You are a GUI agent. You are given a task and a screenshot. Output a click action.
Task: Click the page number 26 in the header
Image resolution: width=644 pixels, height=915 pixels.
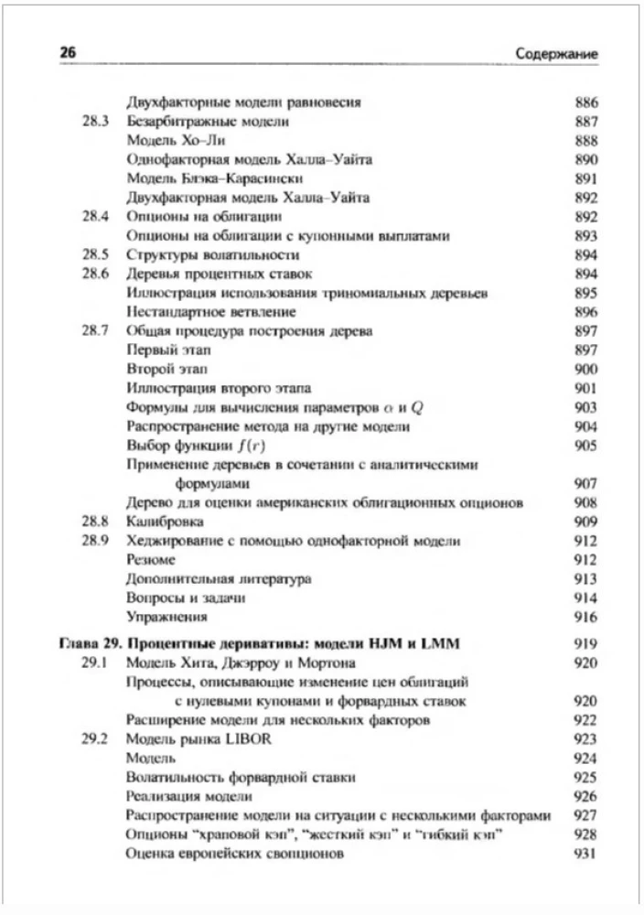pyautogui.click(x=67, y=53)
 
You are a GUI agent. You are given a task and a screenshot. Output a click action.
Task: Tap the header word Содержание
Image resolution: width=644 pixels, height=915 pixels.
pyautogui.click(x=556, y=54)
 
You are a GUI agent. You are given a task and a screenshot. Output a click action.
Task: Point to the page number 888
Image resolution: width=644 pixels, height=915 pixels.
pyautogui.click(x=585, y=141)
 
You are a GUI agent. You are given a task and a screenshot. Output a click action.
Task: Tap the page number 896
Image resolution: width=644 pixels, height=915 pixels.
pyautogui.click(x=585, y=311)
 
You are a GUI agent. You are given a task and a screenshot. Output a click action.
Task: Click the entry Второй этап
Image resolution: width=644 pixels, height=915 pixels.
pyautogui.click(x=158, y=369)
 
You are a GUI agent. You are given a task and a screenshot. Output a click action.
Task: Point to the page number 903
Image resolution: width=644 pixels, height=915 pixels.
pyautogui.click(x=585, y=407)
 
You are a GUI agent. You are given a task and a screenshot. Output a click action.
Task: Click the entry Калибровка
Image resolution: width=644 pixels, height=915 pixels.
pyautogui.click(x=164, y=521)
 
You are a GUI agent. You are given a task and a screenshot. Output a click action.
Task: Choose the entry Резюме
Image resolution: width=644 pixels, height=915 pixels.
pyautogui.click(x=150, y=559)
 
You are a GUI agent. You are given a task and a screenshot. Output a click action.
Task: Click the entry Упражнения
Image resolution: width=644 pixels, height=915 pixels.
pyautogui.click(x=166, y=617)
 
